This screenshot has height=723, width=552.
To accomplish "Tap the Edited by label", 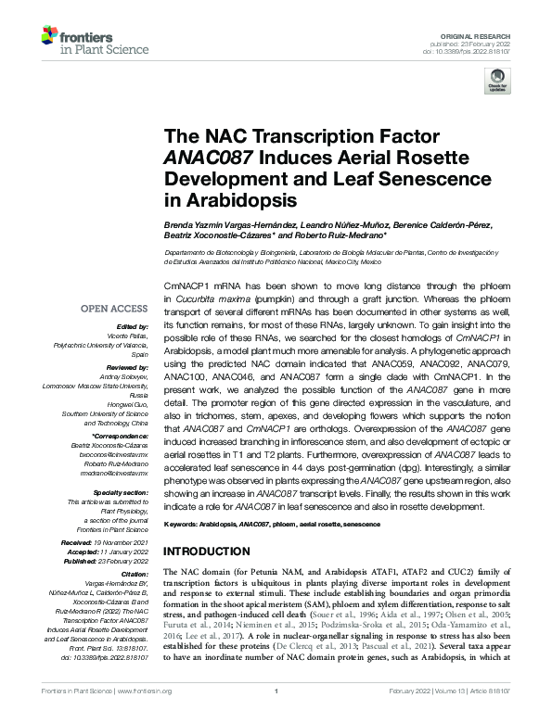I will click(x=132, y=326).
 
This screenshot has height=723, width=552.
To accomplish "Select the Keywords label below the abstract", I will click(x=183, y=525).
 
